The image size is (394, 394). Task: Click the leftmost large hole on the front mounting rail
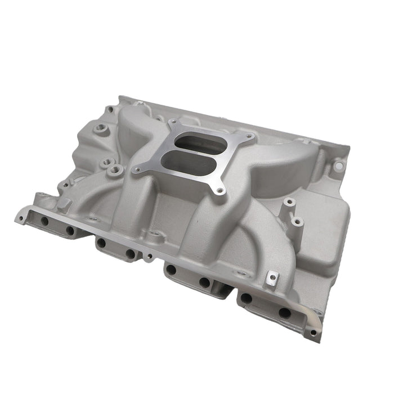click(44, 221)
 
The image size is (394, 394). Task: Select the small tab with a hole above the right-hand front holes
click(272, 277)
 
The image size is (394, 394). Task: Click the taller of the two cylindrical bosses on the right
click(289, 202)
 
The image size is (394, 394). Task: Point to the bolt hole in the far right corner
click(338, 166)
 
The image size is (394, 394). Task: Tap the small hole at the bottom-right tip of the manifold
click(313, 333)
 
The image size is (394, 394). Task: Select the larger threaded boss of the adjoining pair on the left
click(115, 169)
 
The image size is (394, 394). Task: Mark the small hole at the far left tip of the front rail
click(21, 215)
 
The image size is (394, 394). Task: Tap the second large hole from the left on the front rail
click(70, 230)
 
